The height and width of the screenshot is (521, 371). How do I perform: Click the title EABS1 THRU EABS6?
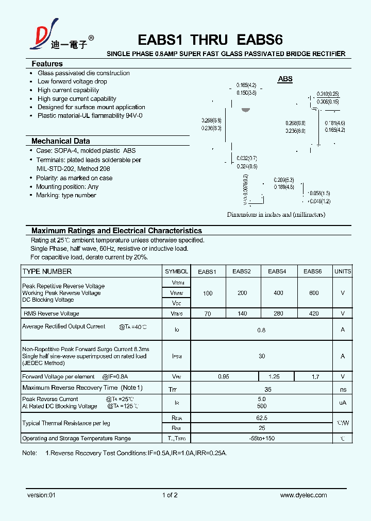[x=210, y=40]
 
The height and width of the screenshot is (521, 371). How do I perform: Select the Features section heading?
[x=47, y=64]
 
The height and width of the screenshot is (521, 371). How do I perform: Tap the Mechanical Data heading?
[x=60, y=141]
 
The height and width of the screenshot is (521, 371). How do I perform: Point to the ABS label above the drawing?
[x=285, y=79]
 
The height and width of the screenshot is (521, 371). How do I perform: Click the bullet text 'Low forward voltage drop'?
[x=72, y=81]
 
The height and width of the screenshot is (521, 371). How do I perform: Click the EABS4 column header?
[x=277, y=271]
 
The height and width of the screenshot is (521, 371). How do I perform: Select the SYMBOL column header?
[x=176, y=271]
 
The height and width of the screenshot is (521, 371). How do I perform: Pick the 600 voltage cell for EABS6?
[x=313, y=293]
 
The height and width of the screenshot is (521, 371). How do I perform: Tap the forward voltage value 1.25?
[x=274, y=377]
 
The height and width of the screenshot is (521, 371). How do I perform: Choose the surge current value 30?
[x=262, y=356]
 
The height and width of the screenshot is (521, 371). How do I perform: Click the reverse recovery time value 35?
[x=267, y=390]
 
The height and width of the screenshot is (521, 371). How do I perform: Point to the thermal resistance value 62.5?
[x=262, y=418]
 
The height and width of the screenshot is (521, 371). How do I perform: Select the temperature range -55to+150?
[x=262, y=439]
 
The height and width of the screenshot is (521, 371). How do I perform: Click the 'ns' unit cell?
[x=343, y=390]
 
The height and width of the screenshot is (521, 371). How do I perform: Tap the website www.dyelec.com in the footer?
[x=303, y=495]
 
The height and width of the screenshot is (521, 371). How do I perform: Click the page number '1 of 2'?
[x=170, y=495]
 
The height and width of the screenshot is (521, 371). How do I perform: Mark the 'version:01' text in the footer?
[x=41, y=495]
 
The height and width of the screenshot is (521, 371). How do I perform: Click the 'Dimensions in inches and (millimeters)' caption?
[x=276, y=215]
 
